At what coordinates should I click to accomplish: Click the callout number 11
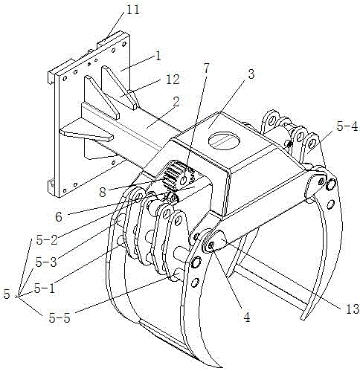point(133,10)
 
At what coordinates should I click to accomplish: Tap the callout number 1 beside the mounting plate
point(158,57)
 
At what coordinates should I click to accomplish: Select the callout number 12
point(173,80)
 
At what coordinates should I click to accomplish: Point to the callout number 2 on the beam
point(176,103)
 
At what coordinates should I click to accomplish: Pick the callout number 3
point(251,74)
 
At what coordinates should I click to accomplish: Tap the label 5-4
point(347,126)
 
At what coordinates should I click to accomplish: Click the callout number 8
point(103,192)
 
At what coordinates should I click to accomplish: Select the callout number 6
point(59,217)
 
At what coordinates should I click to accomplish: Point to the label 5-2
point(47,240)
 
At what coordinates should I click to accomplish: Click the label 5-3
point(46,262)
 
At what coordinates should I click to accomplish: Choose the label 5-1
point(45,288)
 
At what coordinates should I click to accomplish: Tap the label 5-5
point(60,318)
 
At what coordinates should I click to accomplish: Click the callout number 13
point(353,309)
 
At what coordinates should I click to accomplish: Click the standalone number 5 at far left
point(7,294)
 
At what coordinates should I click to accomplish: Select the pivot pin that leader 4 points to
point(211,245)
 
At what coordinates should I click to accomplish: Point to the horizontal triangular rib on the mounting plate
point(86,132)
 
